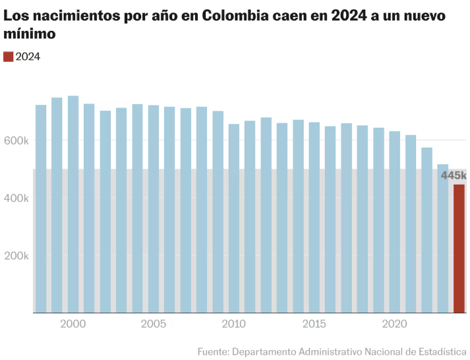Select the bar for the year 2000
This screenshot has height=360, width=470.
(73, 204)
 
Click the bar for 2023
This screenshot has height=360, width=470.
(443, 238)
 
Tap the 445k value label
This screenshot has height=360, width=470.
(454, 175)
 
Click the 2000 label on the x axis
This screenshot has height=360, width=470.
(73, 324)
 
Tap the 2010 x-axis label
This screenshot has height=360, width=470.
(234, 324)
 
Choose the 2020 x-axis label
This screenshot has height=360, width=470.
(395, 324)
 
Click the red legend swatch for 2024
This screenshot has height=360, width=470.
(8, 57)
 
